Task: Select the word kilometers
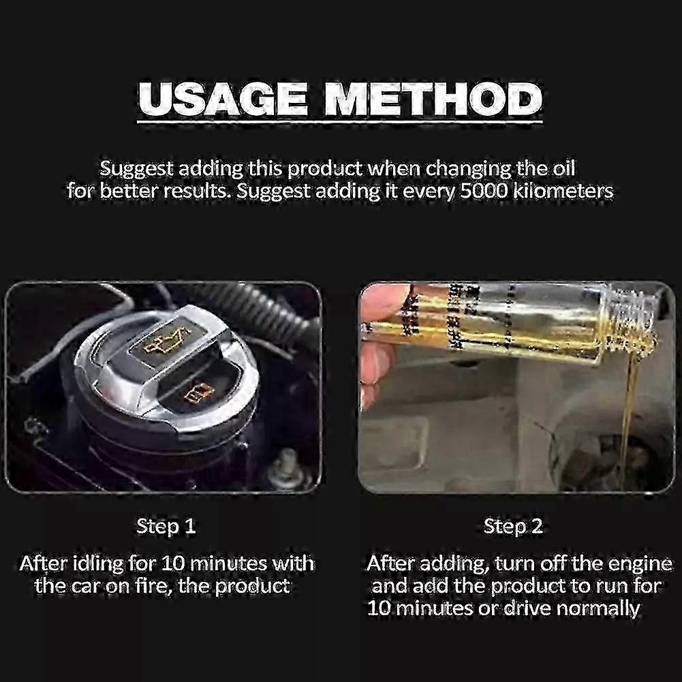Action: point(563,191)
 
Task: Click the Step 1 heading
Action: point(166,527)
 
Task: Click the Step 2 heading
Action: point(513,527)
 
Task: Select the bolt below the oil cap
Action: point(282,466)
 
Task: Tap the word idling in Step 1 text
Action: point(98,563)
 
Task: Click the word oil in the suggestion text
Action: point(563,168)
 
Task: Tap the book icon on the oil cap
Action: point(198,392)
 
